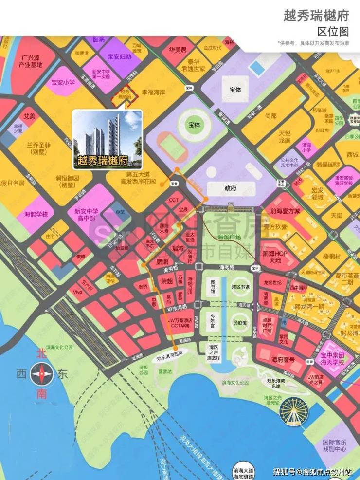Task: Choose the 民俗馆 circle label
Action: pos(240,322)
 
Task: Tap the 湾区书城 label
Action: pos(240,287)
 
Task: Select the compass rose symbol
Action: pos(41,374)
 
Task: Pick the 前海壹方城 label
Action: pos(285,211)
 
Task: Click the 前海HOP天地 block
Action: pos(275,257)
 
